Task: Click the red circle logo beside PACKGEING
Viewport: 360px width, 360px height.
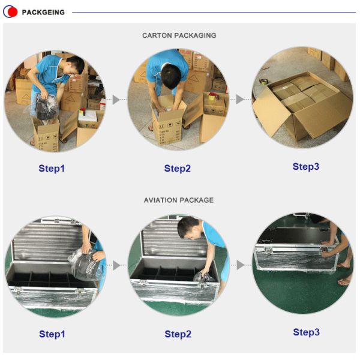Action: [10, 12]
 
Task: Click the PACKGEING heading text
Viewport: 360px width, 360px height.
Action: [43, 12]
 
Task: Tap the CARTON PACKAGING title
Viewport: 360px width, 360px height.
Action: [179, 35]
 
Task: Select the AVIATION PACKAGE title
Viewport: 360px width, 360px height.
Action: [179, 200]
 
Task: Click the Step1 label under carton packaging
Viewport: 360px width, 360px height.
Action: [52, 168]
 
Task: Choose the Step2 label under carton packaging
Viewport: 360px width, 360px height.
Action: [178, 168]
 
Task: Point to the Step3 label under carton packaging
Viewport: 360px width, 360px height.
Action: [306, 167]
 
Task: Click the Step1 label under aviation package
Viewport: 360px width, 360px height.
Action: [52, 334]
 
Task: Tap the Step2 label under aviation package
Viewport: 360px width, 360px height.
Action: [178, 334]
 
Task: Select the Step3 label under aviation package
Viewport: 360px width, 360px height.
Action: [306, 332]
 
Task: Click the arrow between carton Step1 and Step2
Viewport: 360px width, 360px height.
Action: [116, 100]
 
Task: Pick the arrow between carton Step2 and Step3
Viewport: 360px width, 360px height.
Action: [240, 100]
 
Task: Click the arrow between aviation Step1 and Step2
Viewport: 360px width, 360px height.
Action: [116, 265]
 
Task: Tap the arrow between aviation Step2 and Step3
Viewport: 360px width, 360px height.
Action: [241, 265]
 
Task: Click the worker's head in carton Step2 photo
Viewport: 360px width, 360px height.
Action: [171, 76]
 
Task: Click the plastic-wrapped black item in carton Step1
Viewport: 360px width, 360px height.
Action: [46, 107]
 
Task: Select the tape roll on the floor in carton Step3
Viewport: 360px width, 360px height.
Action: [264, 82]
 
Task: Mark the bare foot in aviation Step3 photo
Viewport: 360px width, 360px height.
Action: [344, 281]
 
